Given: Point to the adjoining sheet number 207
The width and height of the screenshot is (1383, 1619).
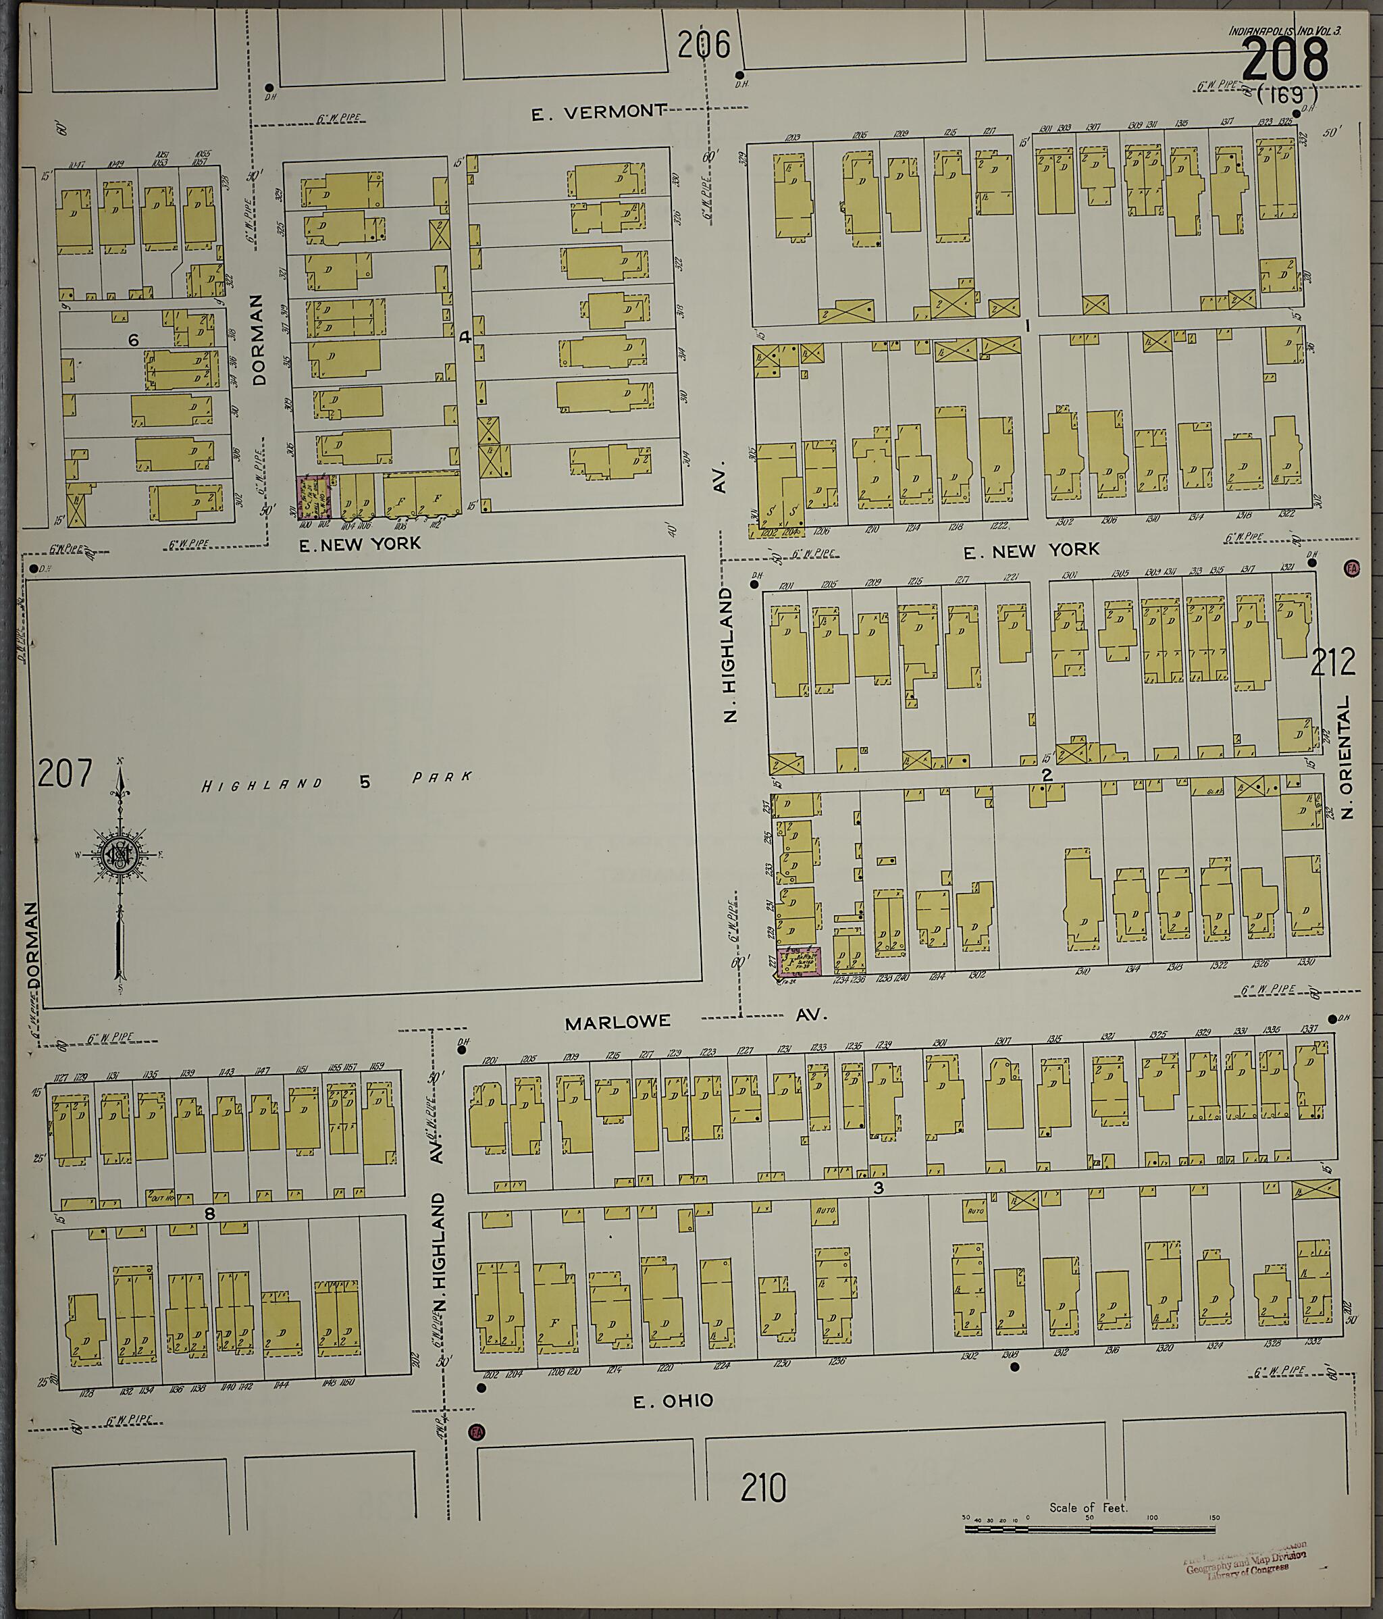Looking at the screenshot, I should [65, 773].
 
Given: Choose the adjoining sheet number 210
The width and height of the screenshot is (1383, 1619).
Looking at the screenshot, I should [762, 1487].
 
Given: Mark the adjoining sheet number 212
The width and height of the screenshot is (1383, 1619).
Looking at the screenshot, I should [1333, 663].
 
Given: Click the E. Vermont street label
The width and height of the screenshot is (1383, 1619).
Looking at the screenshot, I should [599, 113].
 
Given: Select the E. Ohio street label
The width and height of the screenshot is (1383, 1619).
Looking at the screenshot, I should [673, 1401].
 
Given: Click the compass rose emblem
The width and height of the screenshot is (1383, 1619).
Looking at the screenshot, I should [120, 856].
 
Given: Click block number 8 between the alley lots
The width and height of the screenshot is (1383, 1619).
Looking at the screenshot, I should [209, 1214].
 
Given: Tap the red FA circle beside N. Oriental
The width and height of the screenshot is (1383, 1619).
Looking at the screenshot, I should [1351, 568].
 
